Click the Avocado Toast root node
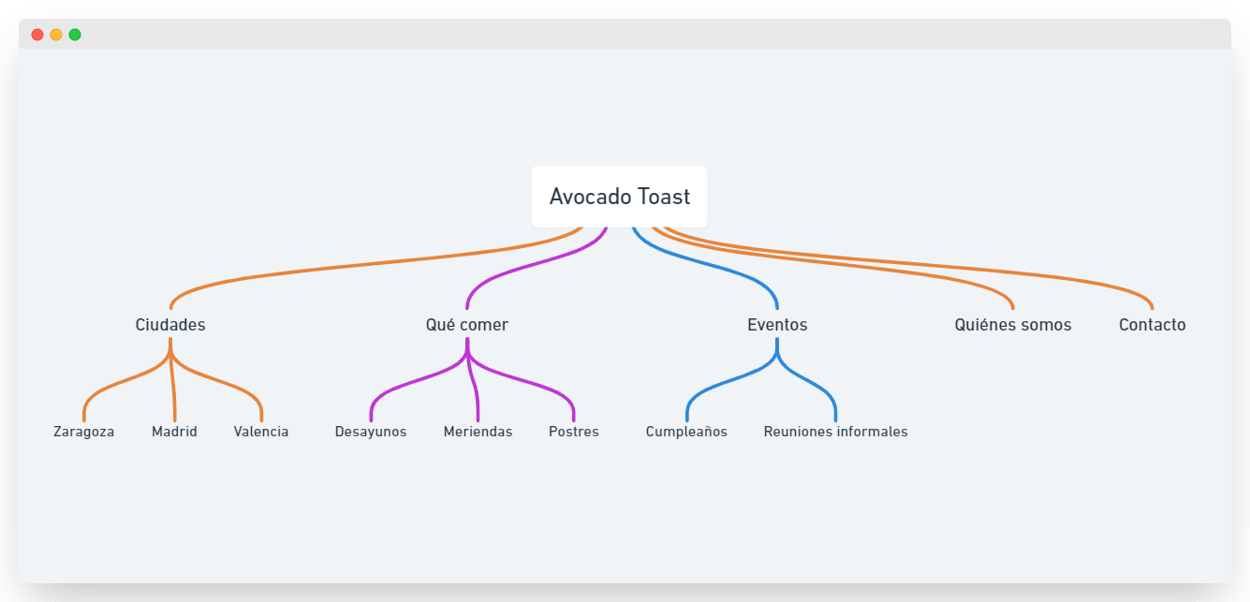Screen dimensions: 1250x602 pos(619,197)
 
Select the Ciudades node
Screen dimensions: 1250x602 pos(170,325)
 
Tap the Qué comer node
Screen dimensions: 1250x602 pos(466,325)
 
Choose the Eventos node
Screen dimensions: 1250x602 pos(777,325)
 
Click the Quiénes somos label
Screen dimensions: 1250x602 pos(1012,325)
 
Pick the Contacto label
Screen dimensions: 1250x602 pos(1152,325)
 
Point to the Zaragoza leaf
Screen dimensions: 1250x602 pos(83,432)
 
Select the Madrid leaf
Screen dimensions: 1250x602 pos(174,432)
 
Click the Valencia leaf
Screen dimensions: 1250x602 pos(261,432)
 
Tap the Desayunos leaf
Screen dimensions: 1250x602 pos(371,432)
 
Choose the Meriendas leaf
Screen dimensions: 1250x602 pos(478,432)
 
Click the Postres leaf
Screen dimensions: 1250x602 pos(573,432)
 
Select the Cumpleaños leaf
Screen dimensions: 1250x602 pos(686,432)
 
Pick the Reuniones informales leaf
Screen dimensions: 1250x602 pos(835,432)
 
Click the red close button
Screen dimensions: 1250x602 pos(37,35)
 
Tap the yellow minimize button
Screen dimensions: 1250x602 pos(56,35)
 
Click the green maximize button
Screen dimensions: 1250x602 pos(75,35)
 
